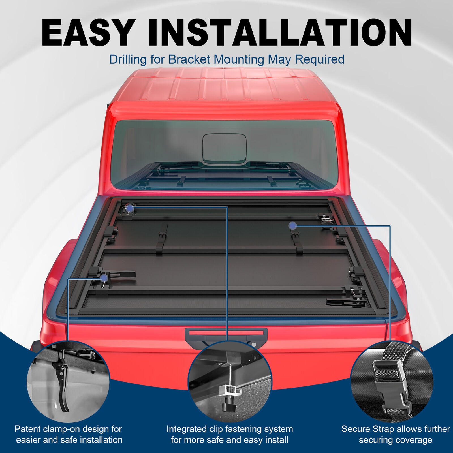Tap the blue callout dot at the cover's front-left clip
(x=130, y=209)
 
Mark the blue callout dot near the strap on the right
(x=292, y=226)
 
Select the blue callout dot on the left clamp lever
(x=104, y=278)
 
